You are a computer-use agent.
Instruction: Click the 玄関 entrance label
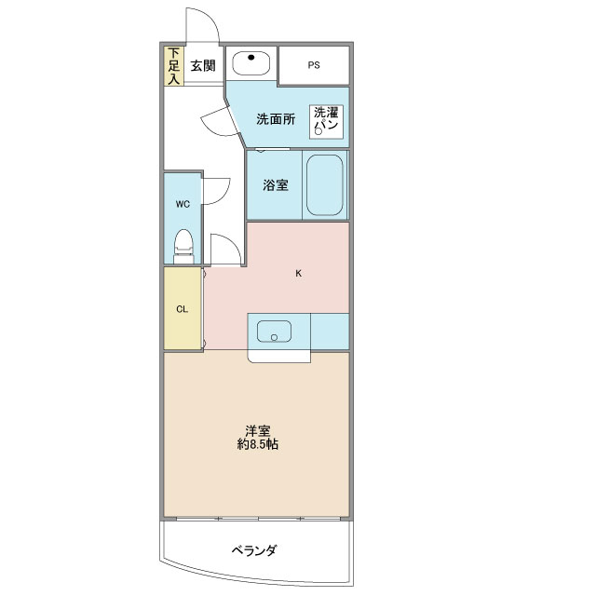point(204,66)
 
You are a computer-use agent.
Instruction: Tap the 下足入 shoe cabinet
point(173,66)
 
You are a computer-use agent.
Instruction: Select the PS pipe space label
point(313,65)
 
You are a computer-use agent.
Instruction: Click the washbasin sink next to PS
point(251,63)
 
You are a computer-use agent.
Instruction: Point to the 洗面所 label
point(277,118)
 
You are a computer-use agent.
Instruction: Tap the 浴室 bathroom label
point(275,184)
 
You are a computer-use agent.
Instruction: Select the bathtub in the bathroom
point(325,184)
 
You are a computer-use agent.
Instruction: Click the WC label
point(183,203)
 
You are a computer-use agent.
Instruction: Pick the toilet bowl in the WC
point(183,244)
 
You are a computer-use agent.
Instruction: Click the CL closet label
point(183,310)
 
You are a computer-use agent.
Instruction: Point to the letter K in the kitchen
point(298,274)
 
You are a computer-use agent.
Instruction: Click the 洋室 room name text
point(258,430)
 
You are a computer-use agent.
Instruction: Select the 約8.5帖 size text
point(258,445)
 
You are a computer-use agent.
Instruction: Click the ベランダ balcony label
point(254,550)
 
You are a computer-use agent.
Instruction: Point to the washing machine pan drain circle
point(318,132)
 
